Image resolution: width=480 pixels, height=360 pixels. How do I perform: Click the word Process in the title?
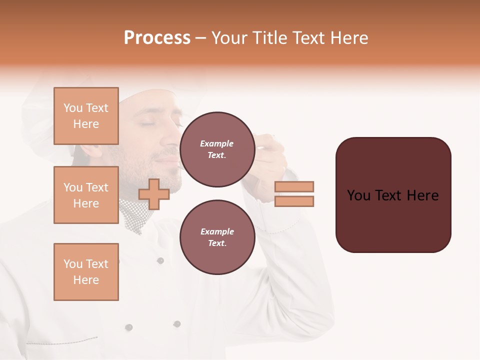157,38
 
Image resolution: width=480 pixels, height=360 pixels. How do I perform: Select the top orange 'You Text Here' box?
86,116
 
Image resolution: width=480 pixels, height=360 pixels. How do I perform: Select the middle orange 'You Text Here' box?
86,195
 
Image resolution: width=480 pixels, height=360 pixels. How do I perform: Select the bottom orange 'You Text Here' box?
86,271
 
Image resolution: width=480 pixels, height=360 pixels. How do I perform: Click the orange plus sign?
153,194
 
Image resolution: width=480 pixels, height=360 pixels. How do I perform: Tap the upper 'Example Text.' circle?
217,149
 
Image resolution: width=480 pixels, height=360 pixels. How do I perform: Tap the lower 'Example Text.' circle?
217,237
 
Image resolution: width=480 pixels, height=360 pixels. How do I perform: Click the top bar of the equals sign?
294,186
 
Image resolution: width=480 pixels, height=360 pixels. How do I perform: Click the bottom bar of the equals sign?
294,201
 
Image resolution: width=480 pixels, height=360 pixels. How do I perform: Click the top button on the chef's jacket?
160,260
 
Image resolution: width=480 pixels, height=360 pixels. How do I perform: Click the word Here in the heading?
348,38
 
